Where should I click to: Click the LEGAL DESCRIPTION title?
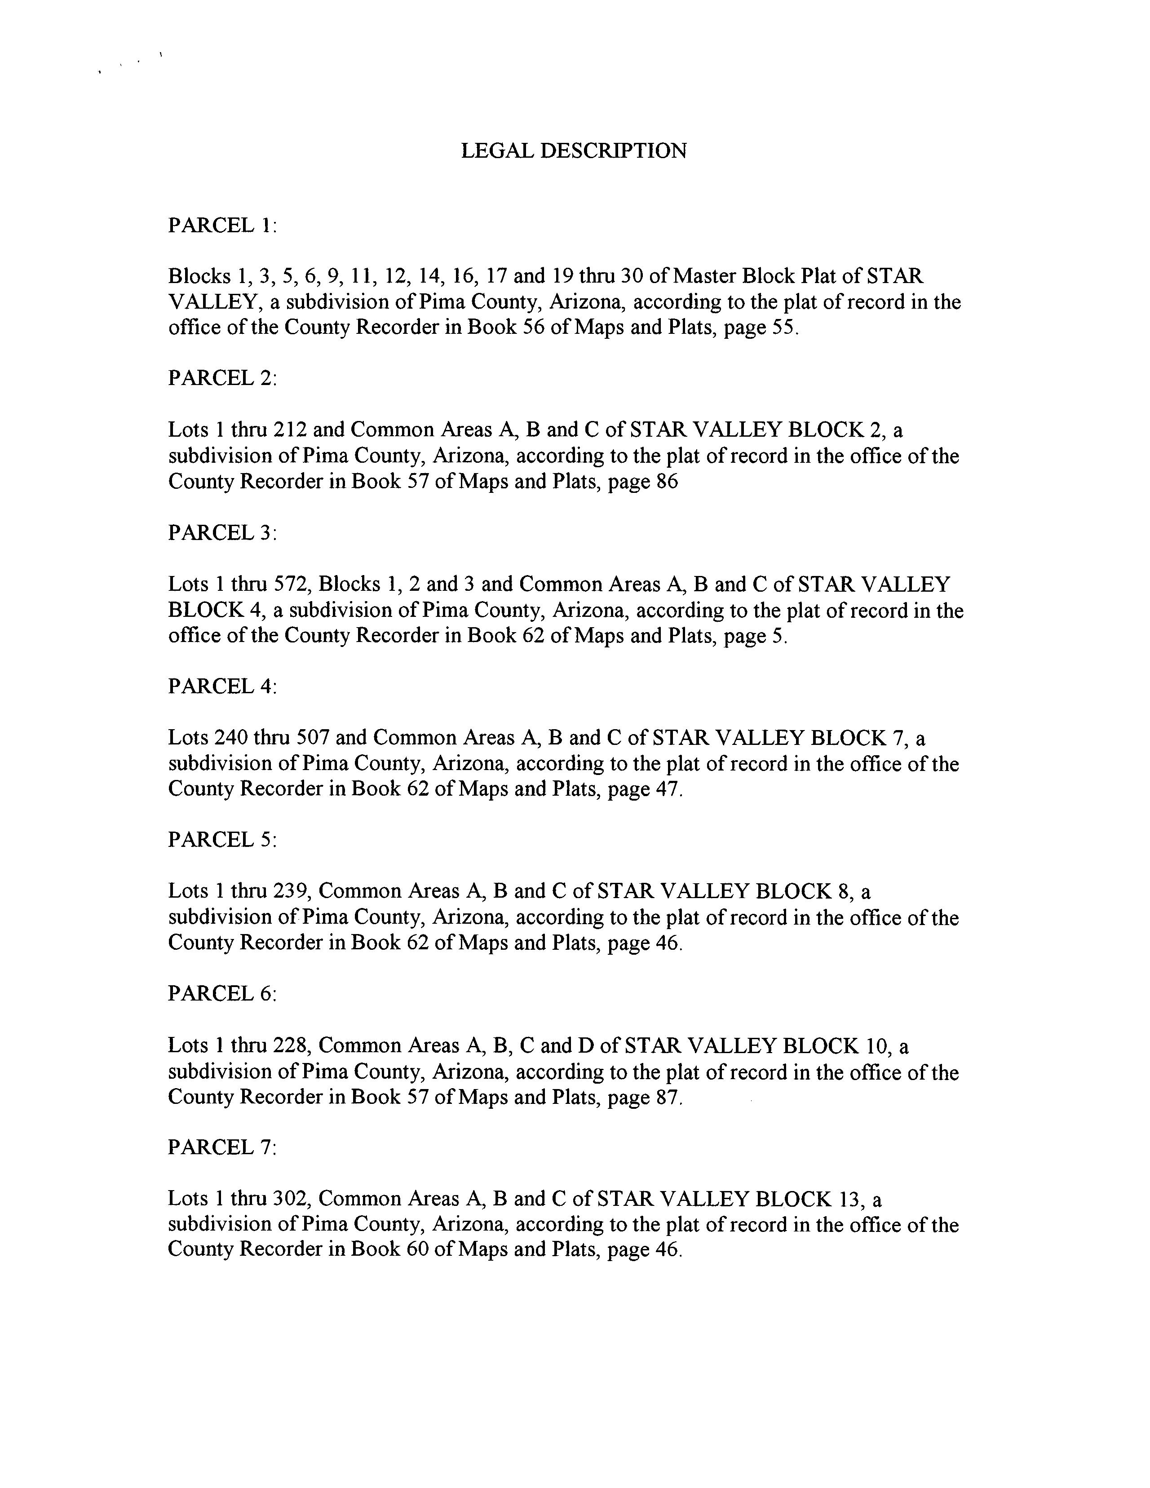(x=574, y=151)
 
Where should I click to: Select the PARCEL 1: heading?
(x=222, y=225)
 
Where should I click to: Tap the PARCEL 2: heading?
(x=222, y=378)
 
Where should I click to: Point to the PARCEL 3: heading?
(x=222, y=532)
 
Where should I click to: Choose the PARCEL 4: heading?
(x=222, y=686)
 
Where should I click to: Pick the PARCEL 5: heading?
(x=222, y=839)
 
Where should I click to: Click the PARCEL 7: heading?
(x=222, y=1147)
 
